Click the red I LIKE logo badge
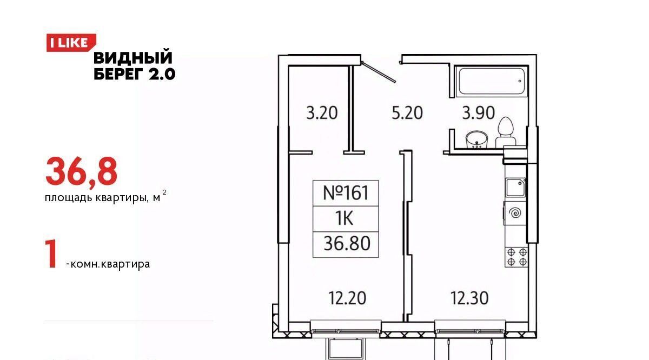click(71, 43)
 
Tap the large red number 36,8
click(82, 172)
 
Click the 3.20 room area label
click(322, 113)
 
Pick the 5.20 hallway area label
click(407, 113)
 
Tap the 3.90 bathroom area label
click(478, 113)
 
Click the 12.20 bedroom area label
click(347, 298)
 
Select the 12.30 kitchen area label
click(469, 298)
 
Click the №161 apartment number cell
click(346, 193)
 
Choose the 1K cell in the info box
click(346, 219)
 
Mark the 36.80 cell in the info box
click(346, 244)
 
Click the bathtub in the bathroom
click(492, 81)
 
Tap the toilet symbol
click(506, 132)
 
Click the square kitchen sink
click(516, 188)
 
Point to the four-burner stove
click(516, 257)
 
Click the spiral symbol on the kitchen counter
click(515, 214)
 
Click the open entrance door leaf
click(379, 72)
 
